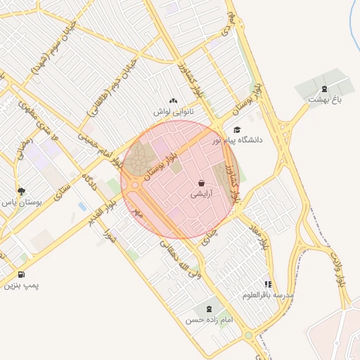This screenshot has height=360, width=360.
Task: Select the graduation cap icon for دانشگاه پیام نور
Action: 237,129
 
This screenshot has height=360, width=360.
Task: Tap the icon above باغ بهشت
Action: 323,89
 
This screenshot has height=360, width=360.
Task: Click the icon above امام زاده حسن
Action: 209,309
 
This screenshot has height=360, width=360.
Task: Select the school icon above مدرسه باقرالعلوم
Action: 267,284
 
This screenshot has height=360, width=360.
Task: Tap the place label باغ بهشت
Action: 323,100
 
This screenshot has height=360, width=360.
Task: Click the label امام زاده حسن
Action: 209,320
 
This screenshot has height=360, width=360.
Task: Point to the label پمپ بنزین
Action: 21,285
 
